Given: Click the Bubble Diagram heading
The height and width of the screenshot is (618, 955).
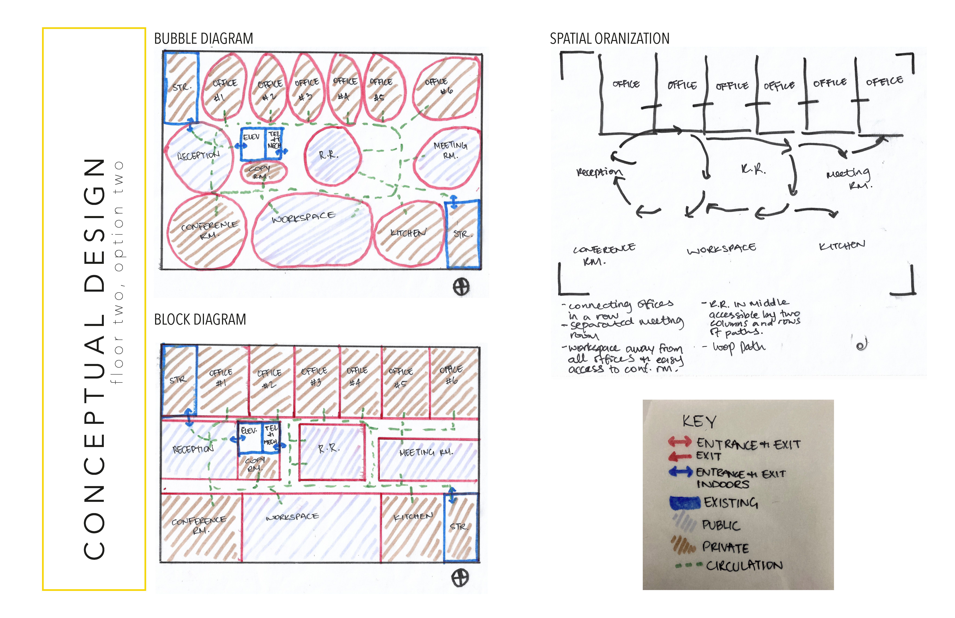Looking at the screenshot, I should tap(203, 39).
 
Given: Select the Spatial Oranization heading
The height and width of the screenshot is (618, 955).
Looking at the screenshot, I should tap(609, 39).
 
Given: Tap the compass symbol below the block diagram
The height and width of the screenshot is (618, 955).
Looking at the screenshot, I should tap(460, 578).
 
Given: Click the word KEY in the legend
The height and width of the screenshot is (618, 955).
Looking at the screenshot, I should tap(699, 421).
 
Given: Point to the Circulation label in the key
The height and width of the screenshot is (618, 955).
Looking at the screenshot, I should tap(744, 566).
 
